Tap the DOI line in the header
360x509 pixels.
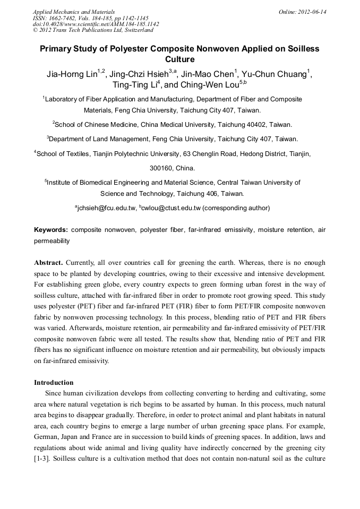[96, 24]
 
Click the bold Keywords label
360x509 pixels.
[50, 230]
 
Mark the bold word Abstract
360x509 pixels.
[49, 263]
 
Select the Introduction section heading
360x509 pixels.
[54, 382]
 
